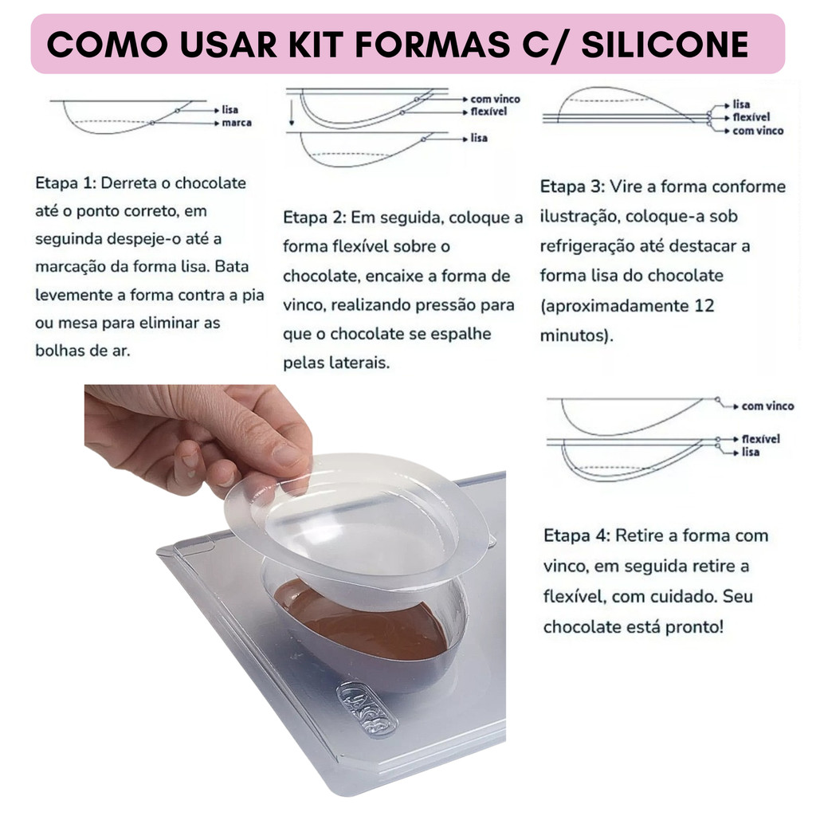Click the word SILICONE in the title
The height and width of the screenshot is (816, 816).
click(x=665, y=45)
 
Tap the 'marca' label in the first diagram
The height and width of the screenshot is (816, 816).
click(x=237, y=123)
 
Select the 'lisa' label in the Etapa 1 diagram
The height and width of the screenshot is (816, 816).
click(x=230, y=110)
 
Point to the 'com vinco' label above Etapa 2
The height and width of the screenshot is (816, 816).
click(x=495, y=99)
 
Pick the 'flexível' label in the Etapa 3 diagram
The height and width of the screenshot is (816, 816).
click(x=751, y=117)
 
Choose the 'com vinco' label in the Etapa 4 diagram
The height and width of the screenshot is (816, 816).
click(x=767, y=406)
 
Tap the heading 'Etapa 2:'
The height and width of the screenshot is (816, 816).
click(x=314, y=218)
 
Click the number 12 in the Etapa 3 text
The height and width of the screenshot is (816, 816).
click(x=704, y=305)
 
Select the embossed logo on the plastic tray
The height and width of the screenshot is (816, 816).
click(x=367, y=708)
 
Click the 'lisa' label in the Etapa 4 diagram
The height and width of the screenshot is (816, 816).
click(x=751, y=453)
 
